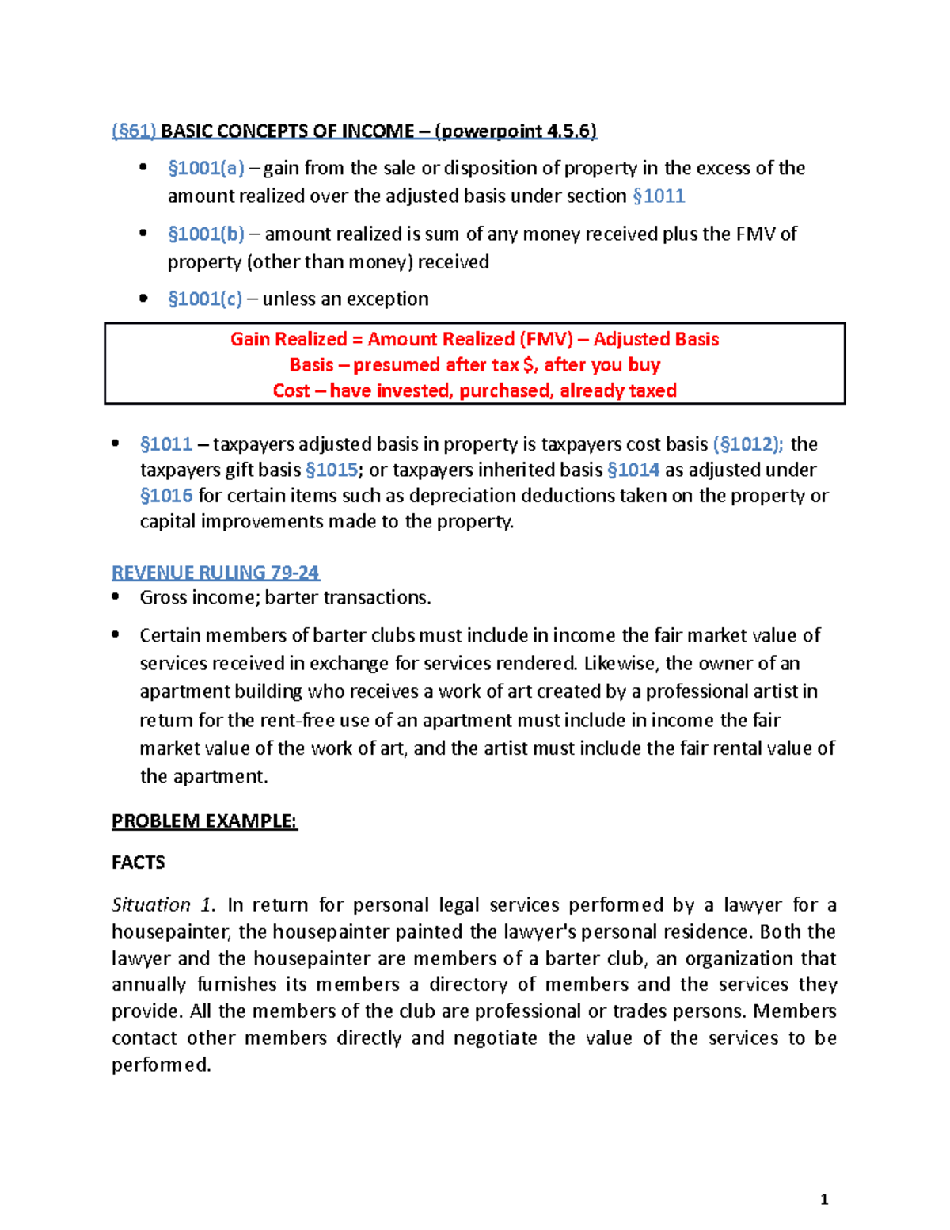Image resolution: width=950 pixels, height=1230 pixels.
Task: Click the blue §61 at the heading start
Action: point(134,131)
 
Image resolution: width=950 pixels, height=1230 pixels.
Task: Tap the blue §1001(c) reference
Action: point(205,299)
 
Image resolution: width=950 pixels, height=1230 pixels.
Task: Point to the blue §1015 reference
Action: point(331,470)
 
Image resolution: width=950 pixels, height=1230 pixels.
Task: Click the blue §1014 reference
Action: point(633,470)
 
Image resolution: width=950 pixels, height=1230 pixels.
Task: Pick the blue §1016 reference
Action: point(166,496)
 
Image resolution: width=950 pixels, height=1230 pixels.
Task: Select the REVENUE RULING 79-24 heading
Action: point(215,572)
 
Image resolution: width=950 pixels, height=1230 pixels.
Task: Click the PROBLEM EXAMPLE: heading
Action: point(204,821)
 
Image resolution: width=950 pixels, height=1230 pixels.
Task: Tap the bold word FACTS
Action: point(139,863)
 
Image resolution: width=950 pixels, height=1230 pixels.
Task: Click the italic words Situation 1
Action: point(163,904)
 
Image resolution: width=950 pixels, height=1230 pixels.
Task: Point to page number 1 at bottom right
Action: point(824,1199)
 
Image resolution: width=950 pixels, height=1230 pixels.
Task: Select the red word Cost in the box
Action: point(291,390)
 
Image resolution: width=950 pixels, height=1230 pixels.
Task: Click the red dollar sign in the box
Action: point(528,365)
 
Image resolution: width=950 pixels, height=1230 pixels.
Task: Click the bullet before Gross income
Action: point(116,596)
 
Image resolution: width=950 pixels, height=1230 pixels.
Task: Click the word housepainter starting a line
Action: point(170,931)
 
